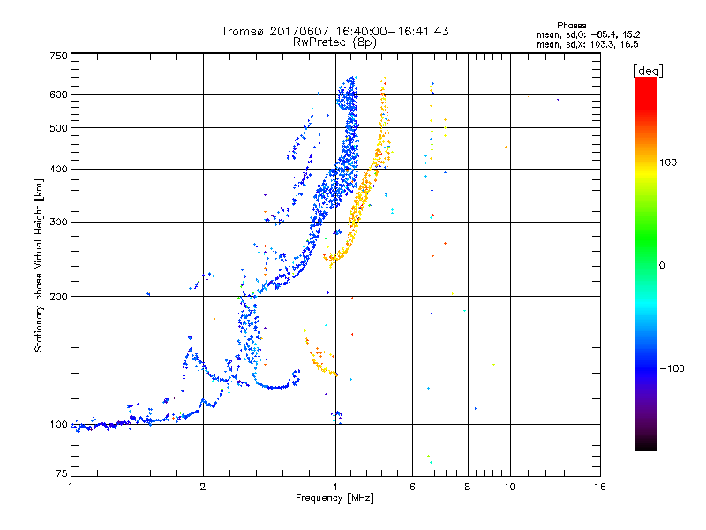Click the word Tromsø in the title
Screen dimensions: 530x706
(240, 31)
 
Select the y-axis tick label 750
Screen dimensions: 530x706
(58, 56)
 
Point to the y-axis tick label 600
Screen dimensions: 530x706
(58, 94)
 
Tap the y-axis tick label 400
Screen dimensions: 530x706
(58, 169)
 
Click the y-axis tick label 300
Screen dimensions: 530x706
(58, 222)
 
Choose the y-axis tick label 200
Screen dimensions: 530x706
(58, 296)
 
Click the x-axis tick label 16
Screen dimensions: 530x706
(599, 487)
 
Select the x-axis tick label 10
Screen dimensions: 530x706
(509, 487)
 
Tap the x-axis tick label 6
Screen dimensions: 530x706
(412, 487)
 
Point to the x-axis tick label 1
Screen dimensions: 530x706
(71, 487)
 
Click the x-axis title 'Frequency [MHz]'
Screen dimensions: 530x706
(334, 499)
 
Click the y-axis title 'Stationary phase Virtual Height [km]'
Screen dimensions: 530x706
(39, 266)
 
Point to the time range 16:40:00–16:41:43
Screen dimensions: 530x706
(388, 31)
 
